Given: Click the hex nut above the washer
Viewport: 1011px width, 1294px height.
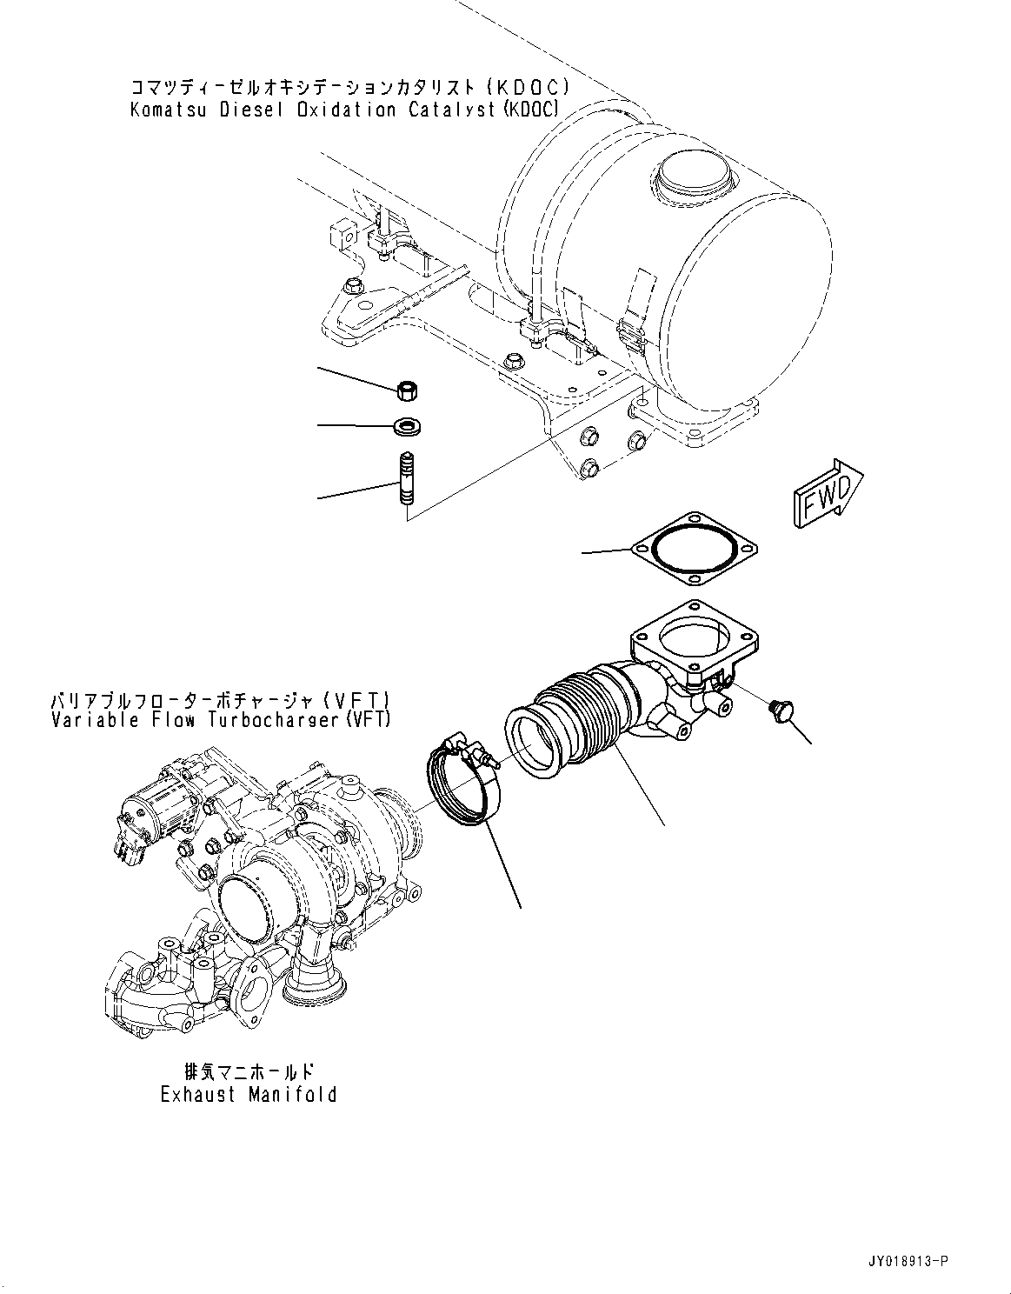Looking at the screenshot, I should (x=406, y=392).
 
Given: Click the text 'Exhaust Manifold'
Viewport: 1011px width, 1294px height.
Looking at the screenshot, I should (x=249, y=1094).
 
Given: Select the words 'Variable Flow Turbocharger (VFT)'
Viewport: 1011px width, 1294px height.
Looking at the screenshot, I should (x=221, y=720).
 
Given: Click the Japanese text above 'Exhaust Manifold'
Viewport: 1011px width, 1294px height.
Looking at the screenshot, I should (x=249, y=1072).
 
